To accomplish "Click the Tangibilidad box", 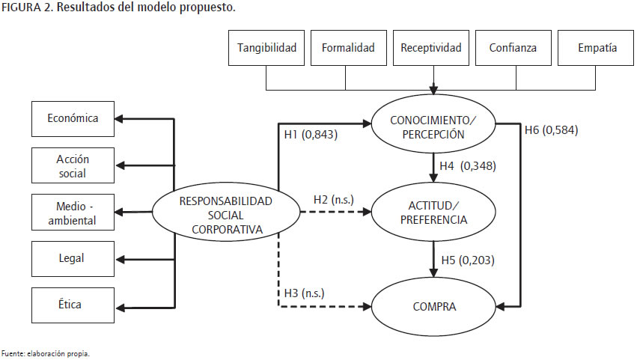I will (x=266, y=49).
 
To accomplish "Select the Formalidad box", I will (x=348, y=49).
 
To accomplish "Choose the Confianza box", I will (x=512, y=49).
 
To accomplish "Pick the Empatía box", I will (x=597, y=49).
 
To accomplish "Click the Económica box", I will (x=73, y=118).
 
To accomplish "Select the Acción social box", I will (x=73, y=164).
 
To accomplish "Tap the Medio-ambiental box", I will (x=73, y=213).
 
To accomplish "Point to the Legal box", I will (x=73, y=258).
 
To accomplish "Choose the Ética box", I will (x=73, y=305).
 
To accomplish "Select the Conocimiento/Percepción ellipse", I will (x=433, y=128).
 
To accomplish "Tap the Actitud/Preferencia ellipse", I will (x=433, y=213).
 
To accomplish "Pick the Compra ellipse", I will (x=433, y=306).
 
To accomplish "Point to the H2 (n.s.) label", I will (x=334, y=200).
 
